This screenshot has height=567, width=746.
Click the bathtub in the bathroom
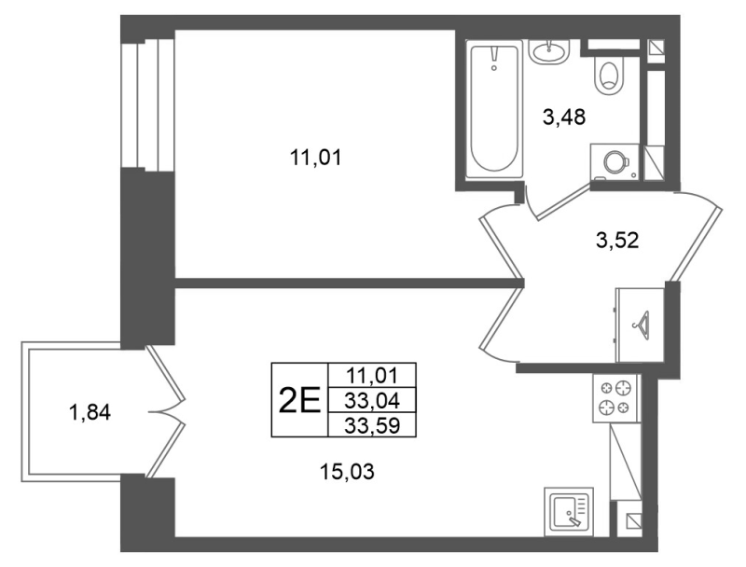[494, 109]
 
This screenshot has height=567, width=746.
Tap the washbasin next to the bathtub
[549, 51]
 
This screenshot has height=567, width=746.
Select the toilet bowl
[610, 76]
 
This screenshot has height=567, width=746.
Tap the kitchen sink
[570, 512]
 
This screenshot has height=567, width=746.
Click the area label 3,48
[564, 117]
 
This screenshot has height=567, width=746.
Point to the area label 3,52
[617, 241]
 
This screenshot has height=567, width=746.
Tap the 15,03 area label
[347, 472]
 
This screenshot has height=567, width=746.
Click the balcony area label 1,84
[90, 412]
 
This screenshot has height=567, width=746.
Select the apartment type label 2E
[299, 400]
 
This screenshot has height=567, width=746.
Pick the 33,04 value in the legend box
[372, 402]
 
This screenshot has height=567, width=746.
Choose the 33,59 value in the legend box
[372, 426]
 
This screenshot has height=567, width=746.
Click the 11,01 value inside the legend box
[372, 376]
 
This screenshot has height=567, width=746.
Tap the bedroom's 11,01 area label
[316, 158]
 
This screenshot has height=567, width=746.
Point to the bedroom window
[147, 104]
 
